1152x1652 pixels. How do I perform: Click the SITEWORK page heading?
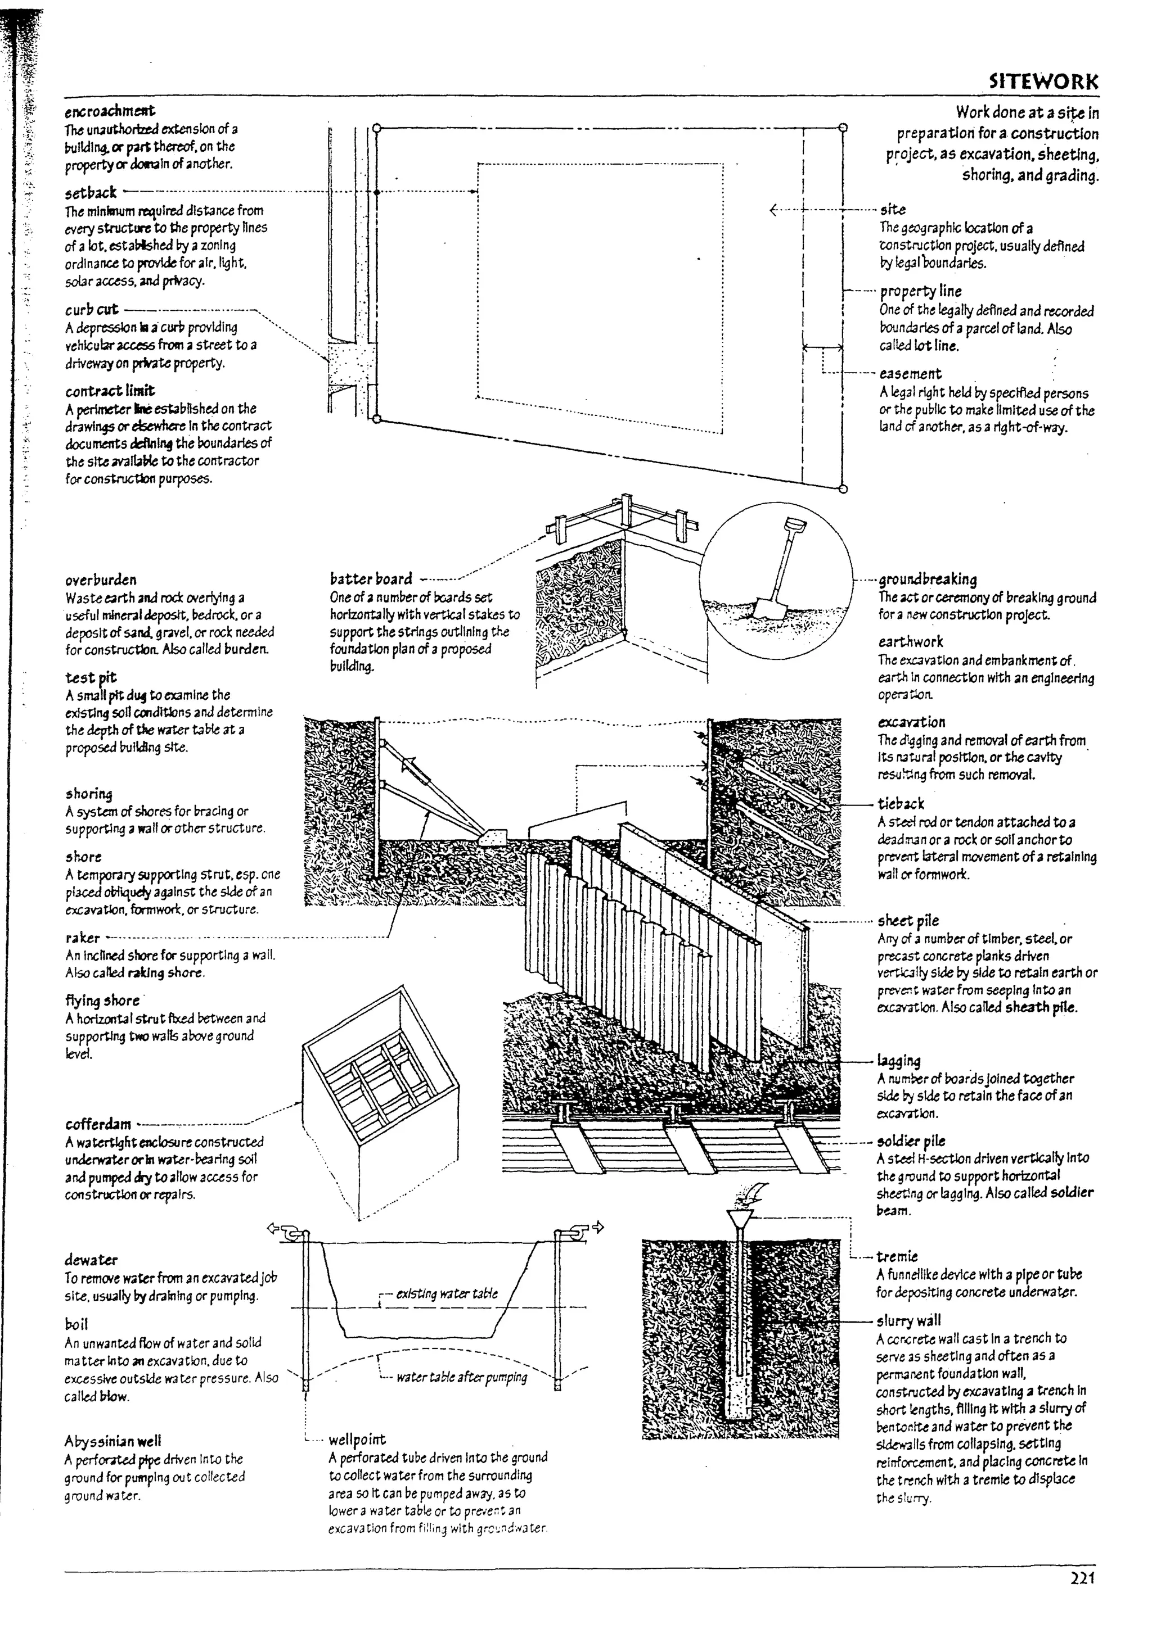tap(1043, 82)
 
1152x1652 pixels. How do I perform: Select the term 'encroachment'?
tap(110, 111)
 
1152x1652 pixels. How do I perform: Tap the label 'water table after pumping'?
tap(461, 1377)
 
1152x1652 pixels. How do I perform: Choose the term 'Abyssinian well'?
tap(112, 1441)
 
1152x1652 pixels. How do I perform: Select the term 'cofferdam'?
tap(98, 1124)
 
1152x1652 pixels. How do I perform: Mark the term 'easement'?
tap(910, 373)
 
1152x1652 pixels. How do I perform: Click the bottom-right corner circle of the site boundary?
tap(843, 488)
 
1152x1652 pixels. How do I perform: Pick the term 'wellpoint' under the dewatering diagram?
tap(357, 1440)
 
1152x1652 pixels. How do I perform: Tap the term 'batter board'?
tap(371, 578)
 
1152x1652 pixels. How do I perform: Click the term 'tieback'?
tap(900, 804)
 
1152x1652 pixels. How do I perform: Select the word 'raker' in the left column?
tap(82, 938)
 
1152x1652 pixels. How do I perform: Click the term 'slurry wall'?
tap(908, 1320)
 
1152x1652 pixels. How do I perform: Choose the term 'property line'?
tap(920, 291)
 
